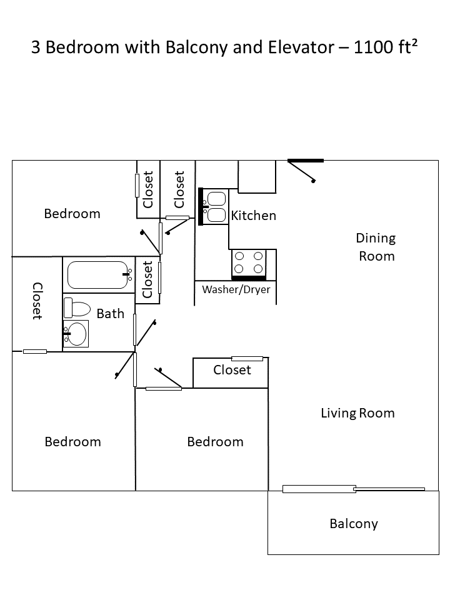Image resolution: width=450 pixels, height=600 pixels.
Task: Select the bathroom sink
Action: [77, 334]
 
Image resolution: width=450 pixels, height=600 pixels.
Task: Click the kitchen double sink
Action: [216, 207]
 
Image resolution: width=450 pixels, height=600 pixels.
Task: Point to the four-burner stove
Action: [248, 262]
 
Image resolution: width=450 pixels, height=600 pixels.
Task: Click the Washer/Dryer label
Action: [236, 290]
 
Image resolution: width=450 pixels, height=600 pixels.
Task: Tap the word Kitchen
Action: [253, 216]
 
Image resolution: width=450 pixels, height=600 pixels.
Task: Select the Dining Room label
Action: [376, 247]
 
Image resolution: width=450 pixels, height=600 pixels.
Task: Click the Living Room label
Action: [357, 413]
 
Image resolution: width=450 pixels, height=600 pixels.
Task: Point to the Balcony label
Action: [354, 524]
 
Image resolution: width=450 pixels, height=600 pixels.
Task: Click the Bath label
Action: [111, 314]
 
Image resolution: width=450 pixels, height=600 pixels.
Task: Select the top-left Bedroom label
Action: [72, 214]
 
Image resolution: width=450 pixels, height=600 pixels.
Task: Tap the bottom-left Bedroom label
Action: [72, 442]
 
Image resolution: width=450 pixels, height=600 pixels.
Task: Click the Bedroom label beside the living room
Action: [215, 442]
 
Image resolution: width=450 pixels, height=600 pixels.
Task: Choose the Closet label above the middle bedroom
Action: [232, 370]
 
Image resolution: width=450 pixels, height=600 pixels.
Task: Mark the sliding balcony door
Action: [354, 489]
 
